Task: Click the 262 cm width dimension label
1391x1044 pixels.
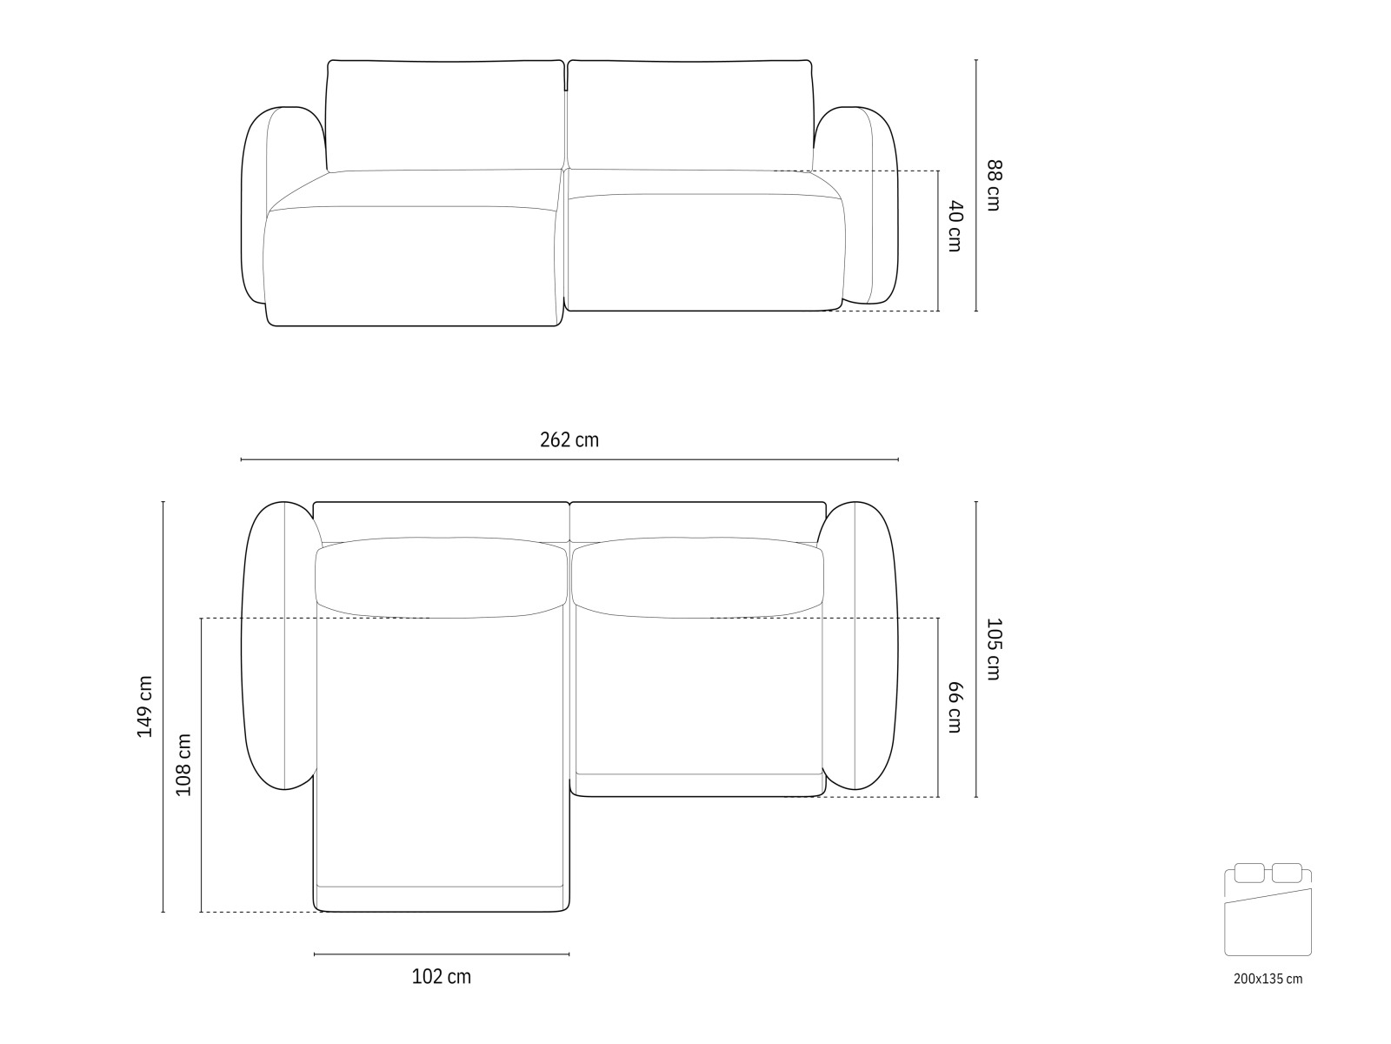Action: pyautogui.click(x=569, y=440)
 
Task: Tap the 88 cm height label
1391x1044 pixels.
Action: pyautogui.click(x=994, y=185)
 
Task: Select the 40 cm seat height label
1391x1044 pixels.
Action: pyautogui.click(x=955, y=226)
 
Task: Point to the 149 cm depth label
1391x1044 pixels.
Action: pyautogui.click(x=145, y=706)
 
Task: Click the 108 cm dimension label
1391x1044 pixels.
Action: pyautogui.click(x=183, y=765)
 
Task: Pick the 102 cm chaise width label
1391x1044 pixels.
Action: pyautogui.click(x=441, y=977)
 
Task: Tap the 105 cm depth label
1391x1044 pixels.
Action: pyautogui.click(x=994, y=649)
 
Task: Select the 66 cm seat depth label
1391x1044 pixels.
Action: pyautogui.click(x=955, y=707)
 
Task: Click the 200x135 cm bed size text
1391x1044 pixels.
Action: pyautogui.click(x=1268, y=979)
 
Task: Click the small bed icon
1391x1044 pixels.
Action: pyautogui.click(x=1268, y=910)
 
